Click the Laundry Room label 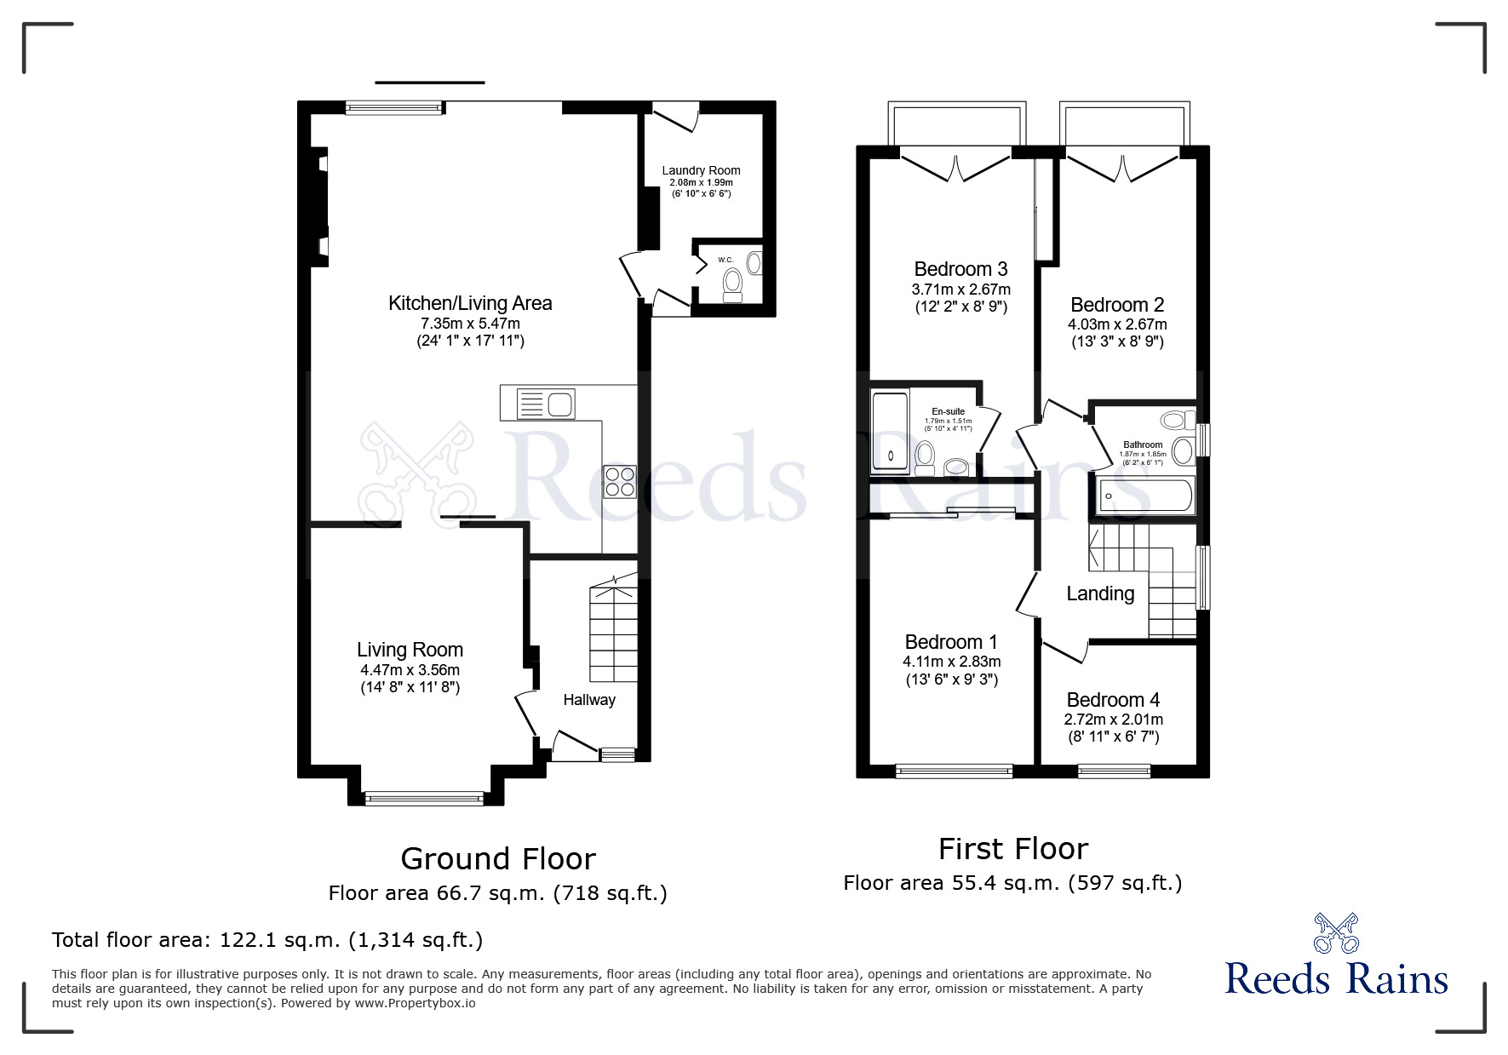(x=701, y=170)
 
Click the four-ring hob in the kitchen (x=619, y=481)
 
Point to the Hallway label (x=589, y=700)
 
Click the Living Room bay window (x=424, y=799)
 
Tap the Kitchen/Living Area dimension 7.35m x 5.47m (x=470, y=324)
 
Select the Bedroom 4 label (x=1113, y=700)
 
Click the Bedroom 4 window (x=1114, y=771)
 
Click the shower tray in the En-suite (x=890, y=432)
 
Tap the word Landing (x=1100, y=593)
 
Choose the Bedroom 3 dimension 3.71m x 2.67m (x=960, y=290)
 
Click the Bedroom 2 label (x=1117, y=305)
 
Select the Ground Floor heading (x=498, y=858)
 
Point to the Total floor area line (x=267, y=940)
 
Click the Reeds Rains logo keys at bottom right (x=1337, y=932)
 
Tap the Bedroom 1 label (x=951, y=642)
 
